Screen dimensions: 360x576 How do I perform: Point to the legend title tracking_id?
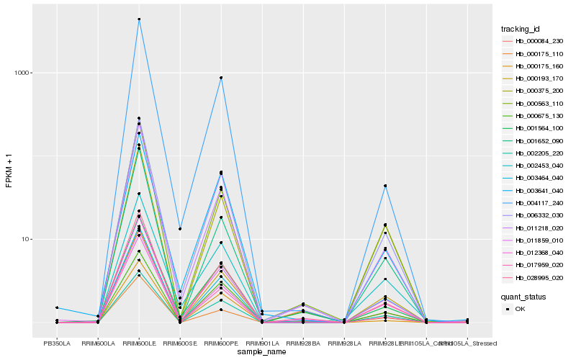click(521, 29)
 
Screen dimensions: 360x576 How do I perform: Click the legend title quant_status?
click(523, 296)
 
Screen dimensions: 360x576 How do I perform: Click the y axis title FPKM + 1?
click(9, 171)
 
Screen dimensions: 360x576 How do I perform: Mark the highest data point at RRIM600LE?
click(139, 19)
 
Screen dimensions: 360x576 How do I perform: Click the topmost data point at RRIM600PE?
click(221, 78)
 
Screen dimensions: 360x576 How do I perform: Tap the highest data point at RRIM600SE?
click(180, 228)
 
